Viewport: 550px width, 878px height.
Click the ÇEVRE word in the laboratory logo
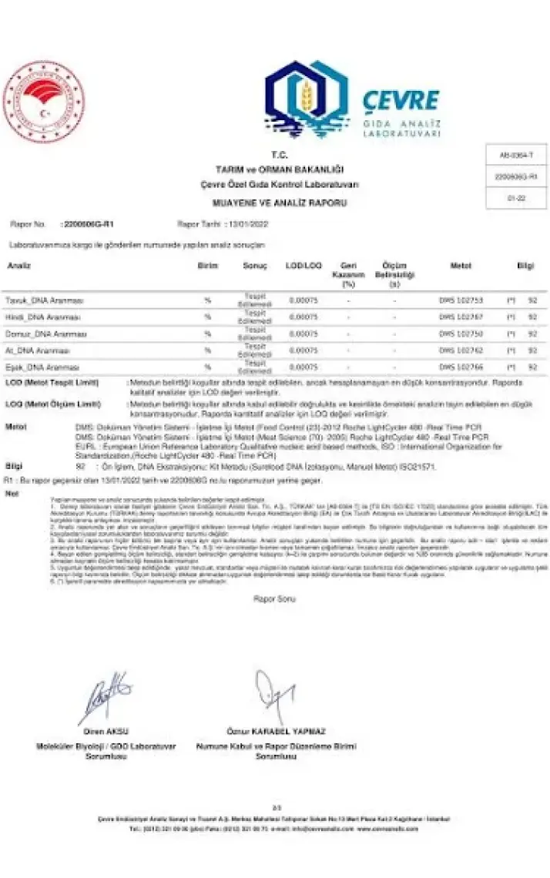(x=401, y=101)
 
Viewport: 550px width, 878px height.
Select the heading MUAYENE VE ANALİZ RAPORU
(x=279, y=203)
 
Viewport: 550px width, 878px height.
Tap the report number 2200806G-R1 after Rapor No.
(x=83, y=224)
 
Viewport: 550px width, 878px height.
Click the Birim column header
(x=207, y=266)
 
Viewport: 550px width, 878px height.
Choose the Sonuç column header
(x=255, y=266)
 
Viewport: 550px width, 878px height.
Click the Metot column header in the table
(x=461, y=266)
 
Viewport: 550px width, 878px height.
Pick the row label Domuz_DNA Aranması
(x=45, y=333)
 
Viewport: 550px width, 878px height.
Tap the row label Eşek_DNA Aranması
(x=42, y=367)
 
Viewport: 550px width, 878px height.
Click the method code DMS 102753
(x=461, y=299)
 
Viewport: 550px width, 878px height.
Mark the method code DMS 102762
(x=461, y=350)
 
